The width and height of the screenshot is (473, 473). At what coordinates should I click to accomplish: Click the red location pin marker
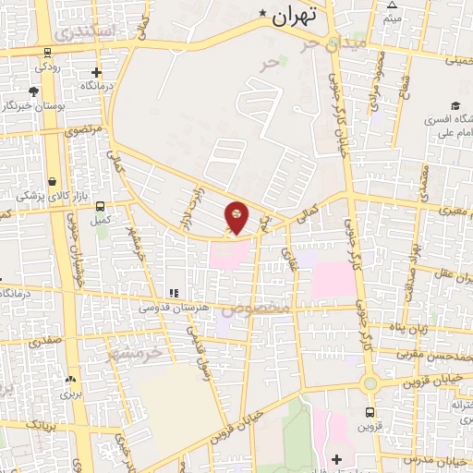pyautogui.click(x=236, y=215)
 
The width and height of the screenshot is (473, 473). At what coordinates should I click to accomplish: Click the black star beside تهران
pyautogui.click(x=264, y=13)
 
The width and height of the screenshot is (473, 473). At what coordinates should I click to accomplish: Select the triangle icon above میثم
pyautogui.click(x=392, y=6)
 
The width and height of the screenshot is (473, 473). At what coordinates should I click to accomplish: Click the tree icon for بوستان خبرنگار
pyautogui.click(x=34, y=91)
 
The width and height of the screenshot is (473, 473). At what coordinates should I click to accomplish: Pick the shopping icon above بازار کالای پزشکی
pyautogui.click(x=54, y=181)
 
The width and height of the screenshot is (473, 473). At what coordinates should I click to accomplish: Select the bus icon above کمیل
pyautogui.click(x=101, y=206)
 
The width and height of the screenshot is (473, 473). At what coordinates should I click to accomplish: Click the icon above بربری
pyautogui.click(x=71, y=379)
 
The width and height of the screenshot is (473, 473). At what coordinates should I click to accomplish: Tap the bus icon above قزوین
pyautogui.click(x=370, y=413)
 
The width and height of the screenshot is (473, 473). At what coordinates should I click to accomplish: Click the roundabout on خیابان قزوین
pyautogui.click(x=370, y=382)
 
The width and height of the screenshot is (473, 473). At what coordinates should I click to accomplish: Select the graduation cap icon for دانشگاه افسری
pyautogui.click(x=455, y=106)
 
